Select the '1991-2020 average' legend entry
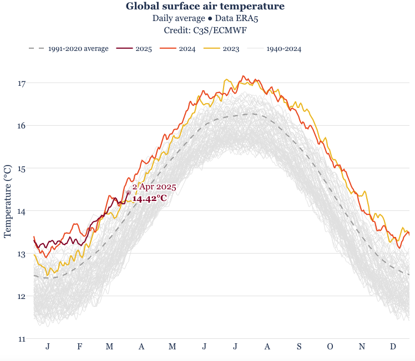click(x=78, y=49)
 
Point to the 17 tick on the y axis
click(x=22, y=84)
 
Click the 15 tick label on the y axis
click(x=22, y=168)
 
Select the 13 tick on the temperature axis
click(x=22, y=254)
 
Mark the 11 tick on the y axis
click(x=22, y=339)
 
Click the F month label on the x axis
click(x=80, y=347)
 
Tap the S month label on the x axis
click(x=299, y=347)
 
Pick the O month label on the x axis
click(x=330, y=347)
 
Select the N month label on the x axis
click(x=362, y=347)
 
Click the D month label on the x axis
click(x=393, y=347)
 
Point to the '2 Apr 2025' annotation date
click(x=154, y=187)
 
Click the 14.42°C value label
click(x=150, y=198)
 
